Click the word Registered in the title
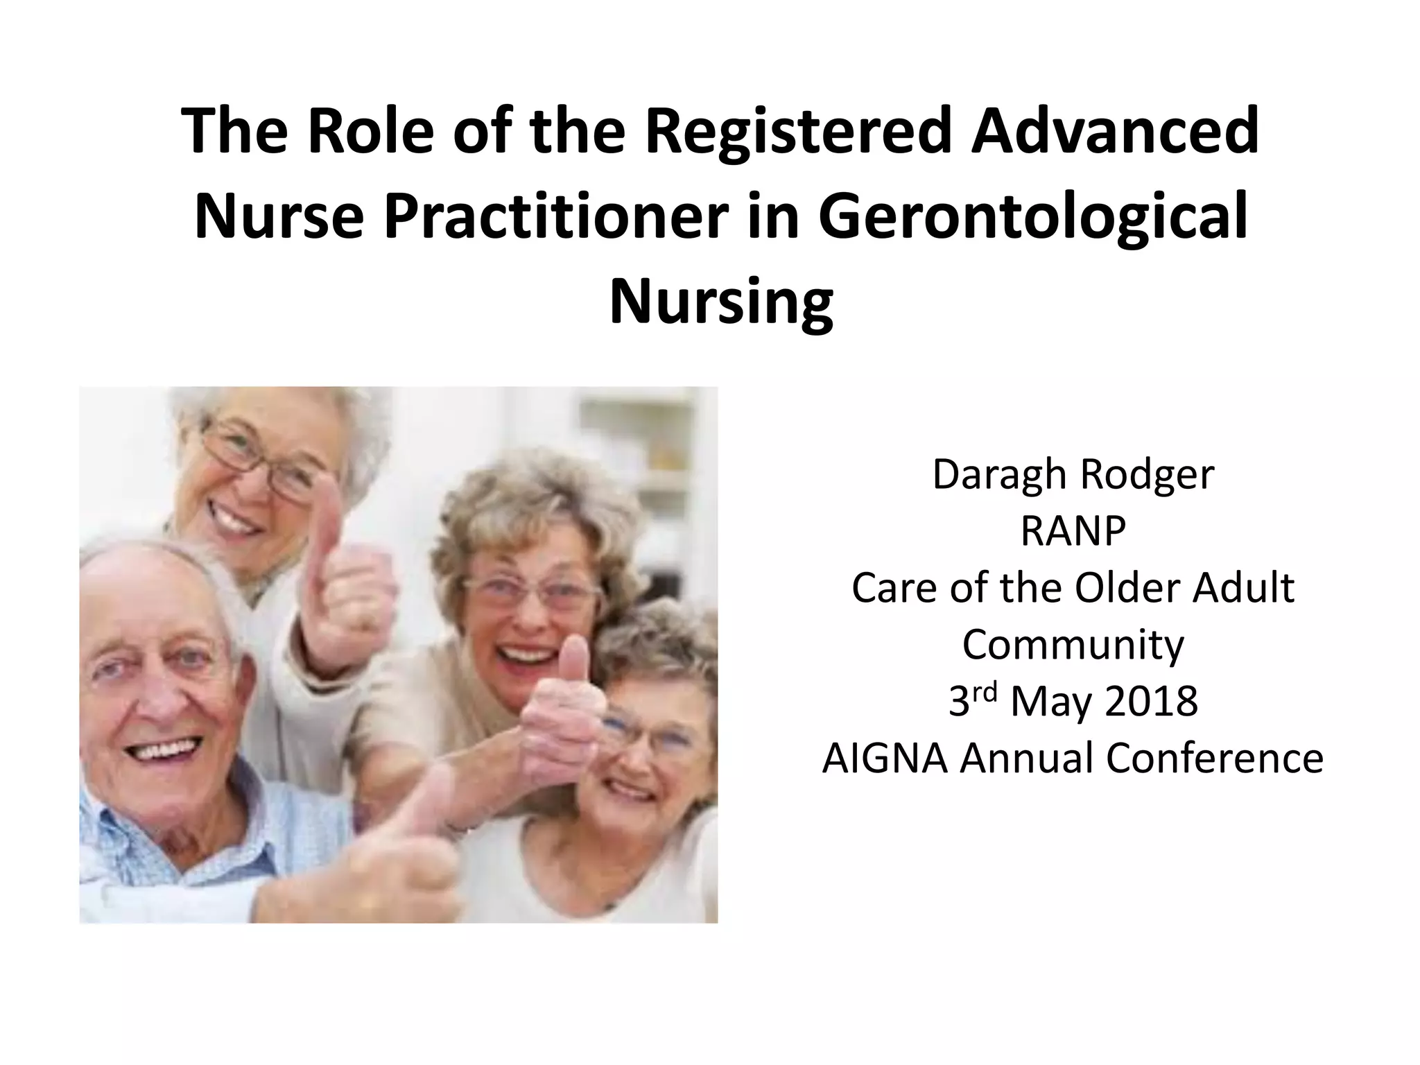pyautogui.click(x=797, y=132)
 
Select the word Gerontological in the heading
pyautogui.click(x=1032, y=217)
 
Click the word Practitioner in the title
pyautogui.click(x=556, y=217)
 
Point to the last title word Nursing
pyautogui.click(x=721, y=302)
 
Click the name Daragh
pyautogui.click(x=998, y=476)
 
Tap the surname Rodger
pyautogui.click(x=1147, y=476)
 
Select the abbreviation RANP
pyautogui.click(x=1073, y=532)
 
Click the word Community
pyautogui.click(x=1073, y=646)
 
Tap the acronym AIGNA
pyautogui.click(x=885, y=758)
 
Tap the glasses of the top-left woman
pyautogui.click(x=260, y=461)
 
